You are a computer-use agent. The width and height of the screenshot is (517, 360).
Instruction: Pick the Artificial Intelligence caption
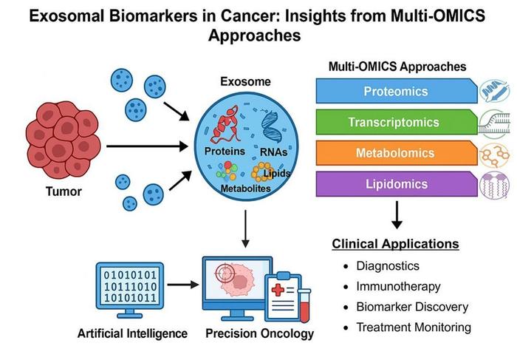click(x=131, y=333)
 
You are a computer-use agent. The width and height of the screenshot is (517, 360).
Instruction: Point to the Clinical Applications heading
click(x=395, y=244)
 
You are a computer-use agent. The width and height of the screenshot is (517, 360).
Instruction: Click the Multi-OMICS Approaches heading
click(x=397, y=67)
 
